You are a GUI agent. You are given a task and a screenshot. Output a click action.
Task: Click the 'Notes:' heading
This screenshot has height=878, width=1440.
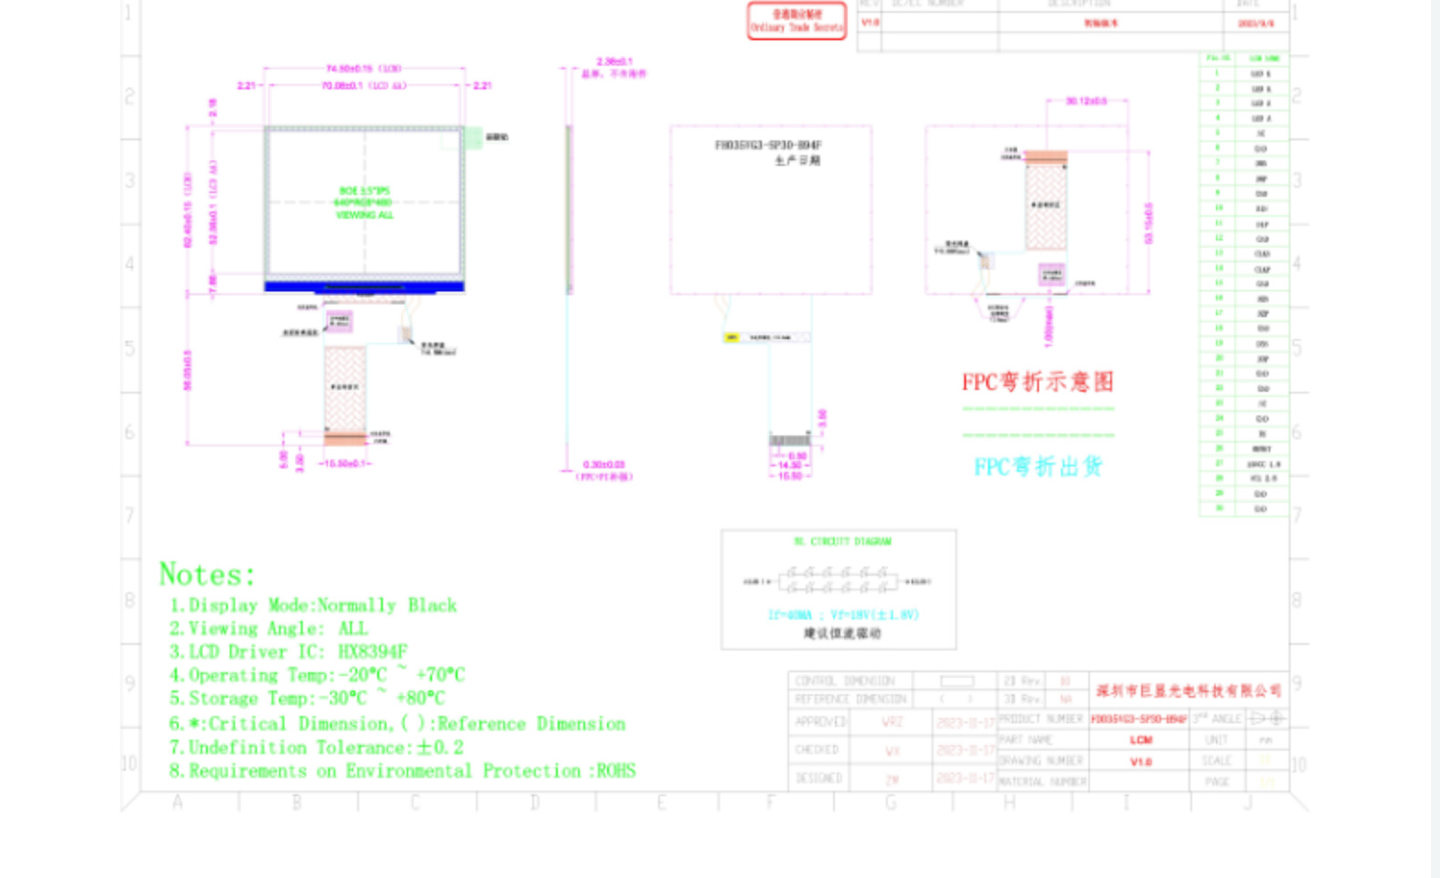tap(207, 575)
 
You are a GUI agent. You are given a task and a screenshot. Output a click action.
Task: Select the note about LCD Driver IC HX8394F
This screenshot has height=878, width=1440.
tap(288, 652)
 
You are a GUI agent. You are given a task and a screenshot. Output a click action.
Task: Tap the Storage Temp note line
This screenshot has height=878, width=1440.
tap(307, 699)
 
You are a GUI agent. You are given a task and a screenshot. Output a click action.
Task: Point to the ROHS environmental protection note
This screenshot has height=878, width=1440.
tap(402, 771)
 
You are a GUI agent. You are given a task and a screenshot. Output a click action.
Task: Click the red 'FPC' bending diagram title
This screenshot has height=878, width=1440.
tap(1037, 382)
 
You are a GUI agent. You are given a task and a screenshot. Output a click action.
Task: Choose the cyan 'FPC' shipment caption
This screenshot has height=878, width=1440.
tap(1038, 467)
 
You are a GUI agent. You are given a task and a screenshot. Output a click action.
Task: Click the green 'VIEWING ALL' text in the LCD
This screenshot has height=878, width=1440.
tap(365, 215)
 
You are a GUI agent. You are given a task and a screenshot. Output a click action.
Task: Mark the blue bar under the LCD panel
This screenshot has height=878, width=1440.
tap(365, 287)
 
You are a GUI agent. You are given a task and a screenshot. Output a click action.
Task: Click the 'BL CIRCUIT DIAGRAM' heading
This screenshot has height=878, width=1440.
tap(842, 542)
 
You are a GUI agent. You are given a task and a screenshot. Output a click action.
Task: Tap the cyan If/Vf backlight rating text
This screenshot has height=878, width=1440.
tap(843, 615)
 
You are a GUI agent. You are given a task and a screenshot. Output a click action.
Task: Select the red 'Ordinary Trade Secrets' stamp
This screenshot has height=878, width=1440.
tap(797, 21)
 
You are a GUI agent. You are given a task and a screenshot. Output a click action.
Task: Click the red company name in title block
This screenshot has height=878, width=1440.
tap(1188, 690)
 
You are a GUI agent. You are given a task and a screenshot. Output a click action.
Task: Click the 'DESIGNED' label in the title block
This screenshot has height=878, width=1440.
tap(818, 779)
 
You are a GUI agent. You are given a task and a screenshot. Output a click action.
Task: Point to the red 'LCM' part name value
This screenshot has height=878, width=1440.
tap(1140, 740)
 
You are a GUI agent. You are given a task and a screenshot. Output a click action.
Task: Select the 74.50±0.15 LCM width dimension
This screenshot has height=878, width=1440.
tap(363, 68)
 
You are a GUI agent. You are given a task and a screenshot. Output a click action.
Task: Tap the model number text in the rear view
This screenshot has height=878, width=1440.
tap(767, 145)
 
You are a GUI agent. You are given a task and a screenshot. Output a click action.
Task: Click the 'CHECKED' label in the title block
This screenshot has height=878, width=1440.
tap(817, 750)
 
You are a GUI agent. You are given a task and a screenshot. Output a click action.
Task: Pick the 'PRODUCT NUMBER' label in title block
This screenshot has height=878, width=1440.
tap(1041, 719)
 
